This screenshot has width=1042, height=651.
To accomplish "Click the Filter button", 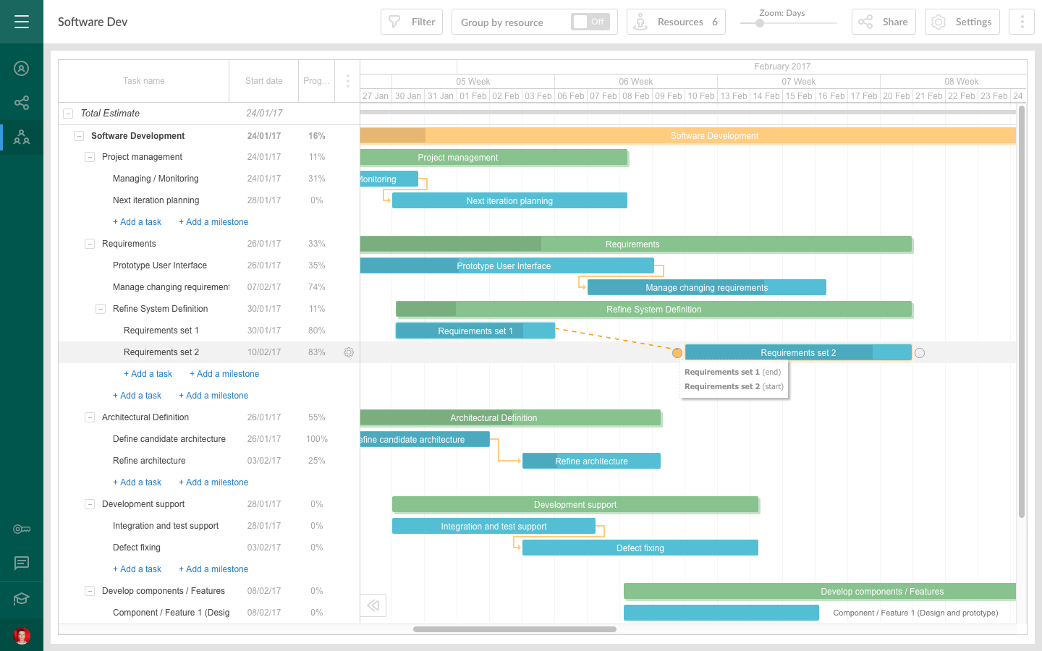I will pyautogui.click(x=412, y=22).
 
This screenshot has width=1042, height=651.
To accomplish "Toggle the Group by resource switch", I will pyautogui.click(x=590, y=22).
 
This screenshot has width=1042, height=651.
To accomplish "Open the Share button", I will pyautogui.click(x=884, y=22).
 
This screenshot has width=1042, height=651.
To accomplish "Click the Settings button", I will pyautogui.click(x=962, y=22).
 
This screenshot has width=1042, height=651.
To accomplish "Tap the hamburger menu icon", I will pyautogui.click(x=22, y=22).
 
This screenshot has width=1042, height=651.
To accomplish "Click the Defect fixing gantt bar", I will pyautogui.click(x=640, y=548).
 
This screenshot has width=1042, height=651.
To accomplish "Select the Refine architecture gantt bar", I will pyautogui.click(x=591, y=461).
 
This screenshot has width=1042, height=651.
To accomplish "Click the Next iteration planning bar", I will pyautogui.click(x=509, y=200).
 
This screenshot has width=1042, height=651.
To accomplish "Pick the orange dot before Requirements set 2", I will pyautogui.click(x=677, y=353).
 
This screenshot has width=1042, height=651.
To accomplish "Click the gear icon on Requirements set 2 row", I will pyautogui.click(x=349, y=352).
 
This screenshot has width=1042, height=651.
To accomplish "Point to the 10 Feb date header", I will pyautogui.click(x=701, y=96).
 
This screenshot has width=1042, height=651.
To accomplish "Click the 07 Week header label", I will pyautogui.click(x=798, y=82).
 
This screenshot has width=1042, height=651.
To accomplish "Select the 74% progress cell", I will pyautogui.click(x=316, y=287).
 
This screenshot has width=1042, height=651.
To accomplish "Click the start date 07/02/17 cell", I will pyautogui.click(x=264, y=287).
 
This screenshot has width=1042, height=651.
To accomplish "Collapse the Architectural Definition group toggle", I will pyautogui.click(x=90, y=417).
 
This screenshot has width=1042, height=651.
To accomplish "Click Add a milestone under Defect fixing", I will pyautogui.click(x=213, y=569).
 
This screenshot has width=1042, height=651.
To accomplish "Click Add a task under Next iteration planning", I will pyautogui.click(x=137, y=222).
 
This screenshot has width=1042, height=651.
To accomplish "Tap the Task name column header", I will pyautogui.click(x=143, y=81).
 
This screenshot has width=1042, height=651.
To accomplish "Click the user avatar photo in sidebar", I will pyautogui.click(x=22, y=636).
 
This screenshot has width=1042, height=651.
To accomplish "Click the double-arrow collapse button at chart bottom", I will pyautogui.click(x=373, y=605).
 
